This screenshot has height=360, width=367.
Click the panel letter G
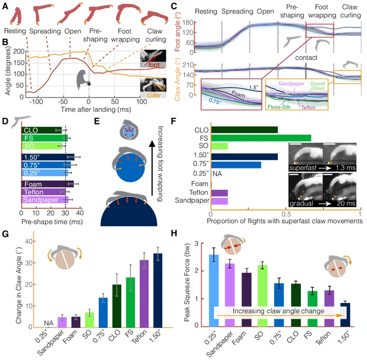point(5,233)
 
